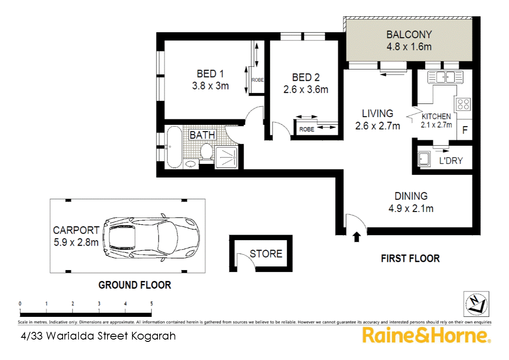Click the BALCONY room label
tap(409, 35)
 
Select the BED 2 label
tap(305, 77)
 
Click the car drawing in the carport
tap(151, 236)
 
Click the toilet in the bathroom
tap(206, 152)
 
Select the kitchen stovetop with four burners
tap(463, 104)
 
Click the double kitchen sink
tap(445, 76)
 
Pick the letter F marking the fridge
tap(464, 130)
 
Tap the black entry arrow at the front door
tap(357, 237)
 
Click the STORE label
tap(266, 254)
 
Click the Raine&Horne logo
tap(426, 336)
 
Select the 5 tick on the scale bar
tap(151, 304)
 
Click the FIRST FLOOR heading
tap(410, 258)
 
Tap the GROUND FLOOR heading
tap(135, 285)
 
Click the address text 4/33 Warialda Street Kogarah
tap(98, 336)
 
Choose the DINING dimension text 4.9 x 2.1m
tap(411, 209)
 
